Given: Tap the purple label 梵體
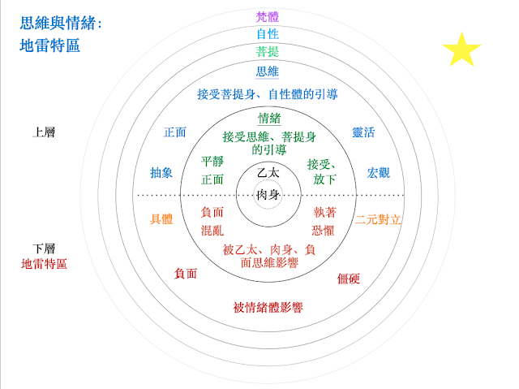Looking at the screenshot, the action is point(267,16).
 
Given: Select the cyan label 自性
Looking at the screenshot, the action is point(267,34).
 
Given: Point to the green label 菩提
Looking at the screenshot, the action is point(267,52).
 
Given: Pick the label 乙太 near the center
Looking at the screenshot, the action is point(267,174).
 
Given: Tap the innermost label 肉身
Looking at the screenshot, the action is point(267,195).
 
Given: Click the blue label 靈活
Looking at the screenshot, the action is point(362,132).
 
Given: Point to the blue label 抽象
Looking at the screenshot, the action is point(161,172).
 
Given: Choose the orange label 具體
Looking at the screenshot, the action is point(161,219).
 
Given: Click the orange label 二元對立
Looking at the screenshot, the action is point(378,219).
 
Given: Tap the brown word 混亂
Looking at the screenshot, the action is point(212,231).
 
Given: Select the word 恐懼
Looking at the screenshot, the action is point(324,231).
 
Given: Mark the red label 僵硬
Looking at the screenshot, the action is point(349,279).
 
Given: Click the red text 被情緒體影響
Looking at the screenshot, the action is point(267,308).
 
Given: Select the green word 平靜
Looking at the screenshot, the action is point(212,161).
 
